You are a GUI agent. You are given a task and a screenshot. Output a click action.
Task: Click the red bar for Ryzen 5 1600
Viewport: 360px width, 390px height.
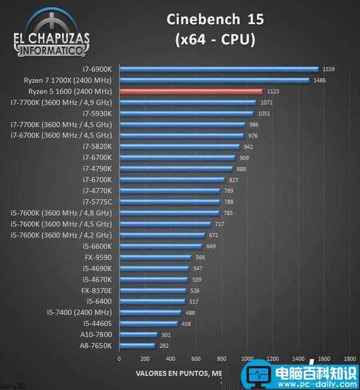[191, 91]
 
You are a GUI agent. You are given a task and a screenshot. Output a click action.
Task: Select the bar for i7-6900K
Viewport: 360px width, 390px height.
[219, 69]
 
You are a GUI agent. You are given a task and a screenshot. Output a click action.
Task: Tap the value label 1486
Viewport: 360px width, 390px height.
[320, 80]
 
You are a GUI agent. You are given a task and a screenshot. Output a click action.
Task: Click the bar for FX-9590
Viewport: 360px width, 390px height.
[155, 257]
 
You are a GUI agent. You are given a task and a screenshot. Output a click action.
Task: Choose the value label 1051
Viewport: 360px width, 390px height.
[264, 114]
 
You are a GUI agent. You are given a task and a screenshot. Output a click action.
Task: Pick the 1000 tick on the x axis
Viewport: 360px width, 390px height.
[247, 358]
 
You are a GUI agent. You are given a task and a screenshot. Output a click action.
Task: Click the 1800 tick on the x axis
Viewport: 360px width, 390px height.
[349, 358]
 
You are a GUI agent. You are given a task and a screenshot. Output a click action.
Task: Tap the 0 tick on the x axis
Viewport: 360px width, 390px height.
[119, 358]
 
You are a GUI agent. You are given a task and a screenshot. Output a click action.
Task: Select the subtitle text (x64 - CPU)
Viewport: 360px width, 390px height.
[215, 39]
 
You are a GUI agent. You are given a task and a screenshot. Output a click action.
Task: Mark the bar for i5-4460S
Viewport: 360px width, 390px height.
[148, 324]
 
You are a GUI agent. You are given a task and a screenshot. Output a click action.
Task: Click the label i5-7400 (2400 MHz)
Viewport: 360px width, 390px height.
[79, 312]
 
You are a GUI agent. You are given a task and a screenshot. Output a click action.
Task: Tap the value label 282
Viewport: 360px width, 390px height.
[164, 346]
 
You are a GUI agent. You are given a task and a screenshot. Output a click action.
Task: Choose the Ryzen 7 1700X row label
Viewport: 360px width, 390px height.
[67, 80]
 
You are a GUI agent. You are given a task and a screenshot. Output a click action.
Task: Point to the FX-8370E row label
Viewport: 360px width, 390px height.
[96, 291]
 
